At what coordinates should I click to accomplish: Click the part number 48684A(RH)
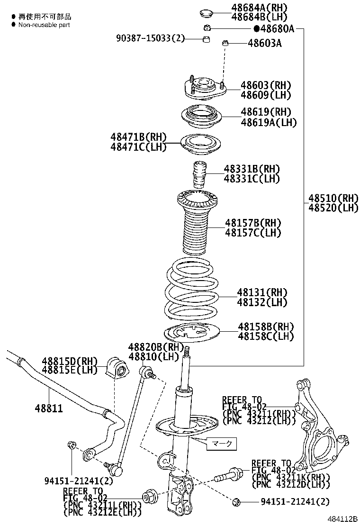(260, 8)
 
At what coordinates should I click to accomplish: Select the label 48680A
(277, 29)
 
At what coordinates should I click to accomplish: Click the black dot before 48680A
(256, 29)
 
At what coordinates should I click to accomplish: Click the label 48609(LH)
(265, 95)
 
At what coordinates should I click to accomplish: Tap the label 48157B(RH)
(252, 223)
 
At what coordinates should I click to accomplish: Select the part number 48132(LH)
(262, 302)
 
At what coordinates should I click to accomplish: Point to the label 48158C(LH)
(265, 337)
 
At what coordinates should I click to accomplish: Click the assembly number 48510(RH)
(333, 198)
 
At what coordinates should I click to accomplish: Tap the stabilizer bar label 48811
(48, 408)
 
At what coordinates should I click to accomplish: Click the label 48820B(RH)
(156, 347)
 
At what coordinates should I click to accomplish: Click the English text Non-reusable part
(44, 25)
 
